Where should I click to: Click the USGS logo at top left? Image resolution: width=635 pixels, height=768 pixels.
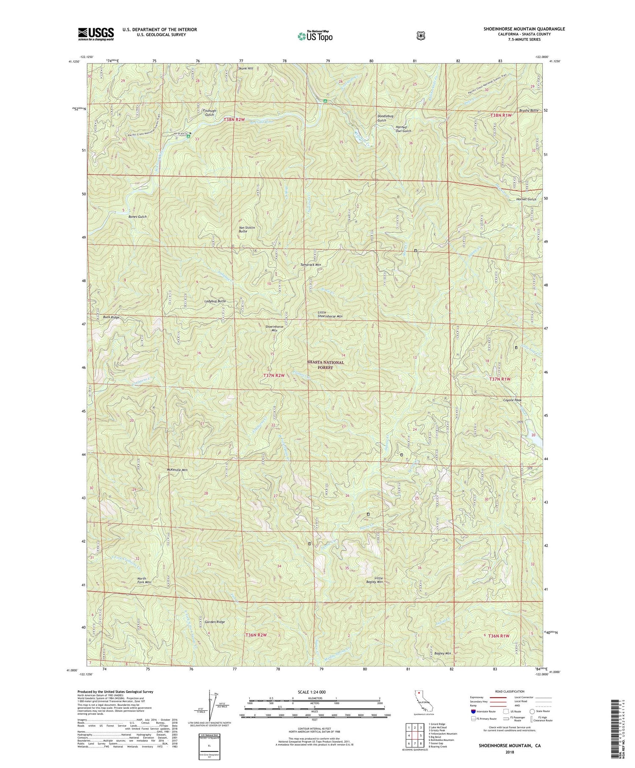tap(96, 34)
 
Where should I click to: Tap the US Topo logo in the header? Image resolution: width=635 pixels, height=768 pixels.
tap(315, 36)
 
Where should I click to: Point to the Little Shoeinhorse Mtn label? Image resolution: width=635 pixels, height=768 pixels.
tap(330, 314)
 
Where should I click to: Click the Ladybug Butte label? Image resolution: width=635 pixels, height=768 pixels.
tap(215, 301)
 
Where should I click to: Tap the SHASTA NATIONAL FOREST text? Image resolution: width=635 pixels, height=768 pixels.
tap(326, 365)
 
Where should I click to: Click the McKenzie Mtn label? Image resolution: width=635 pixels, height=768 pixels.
tap(177, 470)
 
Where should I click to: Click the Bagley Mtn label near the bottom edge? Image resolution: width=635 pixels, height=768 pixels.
tap(442, 654)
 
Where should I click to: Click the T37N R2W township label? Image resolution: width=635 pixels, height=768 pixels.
tap(273, 376)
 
